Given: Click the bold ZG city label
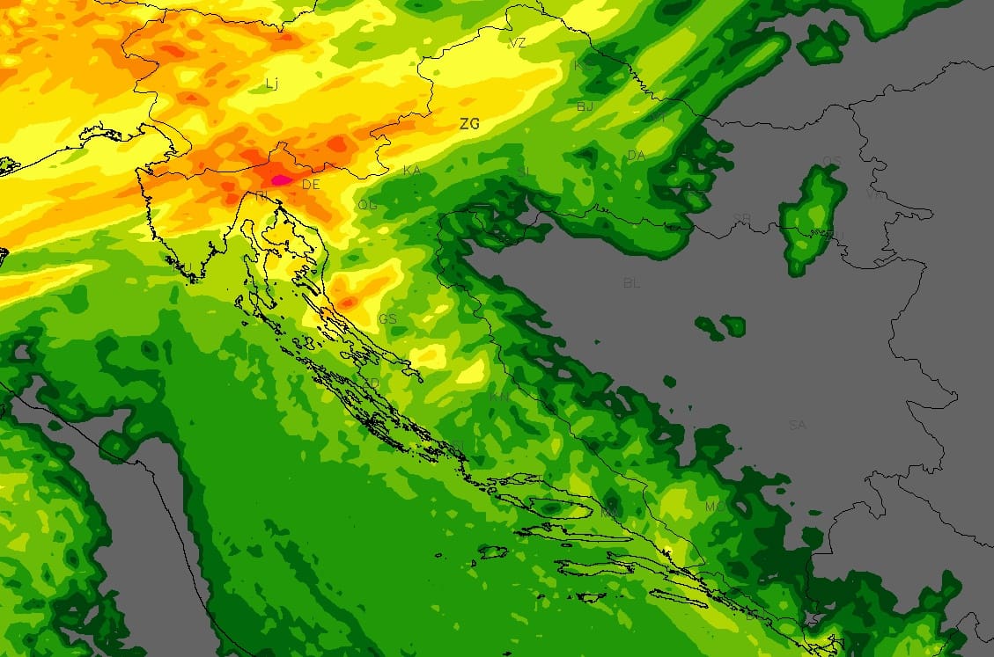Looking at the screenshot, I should pyautogui.click(x=469, y=124).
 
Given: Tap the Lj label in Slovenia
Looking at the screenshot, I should pyautogui.click(x=271, y=84).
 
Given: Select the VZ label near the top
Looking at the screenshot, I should pyautogui.click(x=518, y=42).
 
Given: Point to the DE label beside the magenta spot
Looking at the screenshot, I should pyautogui.click(x=311, y=185).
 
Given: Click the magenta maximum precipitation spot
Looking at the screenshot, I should pyautogui.click(x=281, y=179).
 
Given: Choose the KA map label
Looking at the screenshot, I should pyautogui.click(x=411, y=170).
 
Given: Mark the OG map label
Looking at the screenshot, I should pyautogui.click(x=366, y=205).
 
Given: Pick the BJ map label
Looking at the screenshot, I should pyautogui.click(x=585, y=106).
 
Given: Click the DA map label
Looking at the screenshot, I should pyautogui.click(x=636, y=156).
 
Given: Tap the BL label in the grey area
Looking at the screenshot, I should pyautogui.click(x=630, y=283).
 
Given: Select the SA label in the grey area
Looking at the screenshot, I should pyautogui.click(x=797, y=425).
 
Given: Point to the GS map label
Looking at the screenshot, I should pyautogui.click(x=387, y=318).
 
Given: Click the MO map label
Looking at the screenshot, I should pyautogui.click(x=714, y=507).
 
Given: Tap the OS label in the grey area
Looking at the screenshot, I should pyautogui.click(x=830, y=160).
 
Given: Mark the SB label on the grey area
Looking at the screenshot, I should pyautogui.click(x=741, y=217).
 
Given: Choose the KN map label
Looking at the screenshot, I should pyautogui.click(x=499, y=397).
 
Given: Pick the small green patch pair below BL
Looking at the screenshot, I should pyautogui.click(x=722, y=326).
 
